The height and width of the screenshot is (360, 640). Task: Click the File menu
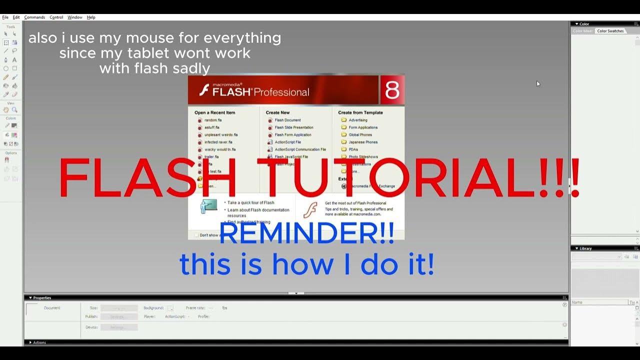click(5, 17)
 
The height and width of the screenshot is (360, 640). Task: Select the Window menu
click(75, 17)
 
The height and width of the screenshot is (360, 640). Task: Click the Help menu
click(91, 17)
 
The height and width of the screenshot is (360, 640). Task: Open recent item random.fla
click(212, 120)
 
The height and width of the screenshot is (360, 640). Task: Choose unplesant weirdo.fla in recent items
click(220, 135)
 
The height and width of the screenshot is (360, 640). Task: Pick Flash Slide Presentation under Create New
click(293, 127)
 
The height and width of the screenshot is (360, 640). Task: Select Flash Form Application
click(292, 135)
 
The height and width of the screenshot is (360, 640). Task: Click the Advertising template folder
click(357, 120)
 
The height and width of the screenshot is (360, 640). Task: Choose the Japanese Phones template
click(363, 142)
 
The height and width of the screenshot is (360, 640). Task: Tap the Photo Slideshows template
click(363, 157)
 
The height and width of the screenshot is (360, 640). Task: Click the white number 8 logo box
click(392, 90)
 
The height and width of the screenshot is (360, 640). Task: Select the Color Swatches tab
click(610, 31)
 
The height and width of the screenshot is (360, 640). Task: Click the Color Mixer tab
click(583, 31)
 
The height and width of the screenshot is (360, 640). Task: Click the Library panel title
click(585, 248)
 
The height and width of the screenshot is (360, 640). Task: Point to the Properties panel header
click(42, 298)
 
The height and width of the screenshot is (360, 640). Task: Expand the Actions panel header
click(39, 342)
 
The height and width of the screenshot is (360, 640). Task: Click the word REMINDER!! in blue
click(306, 234)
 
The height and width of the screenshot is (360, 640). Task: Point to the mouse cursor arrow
click(538, 83)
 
